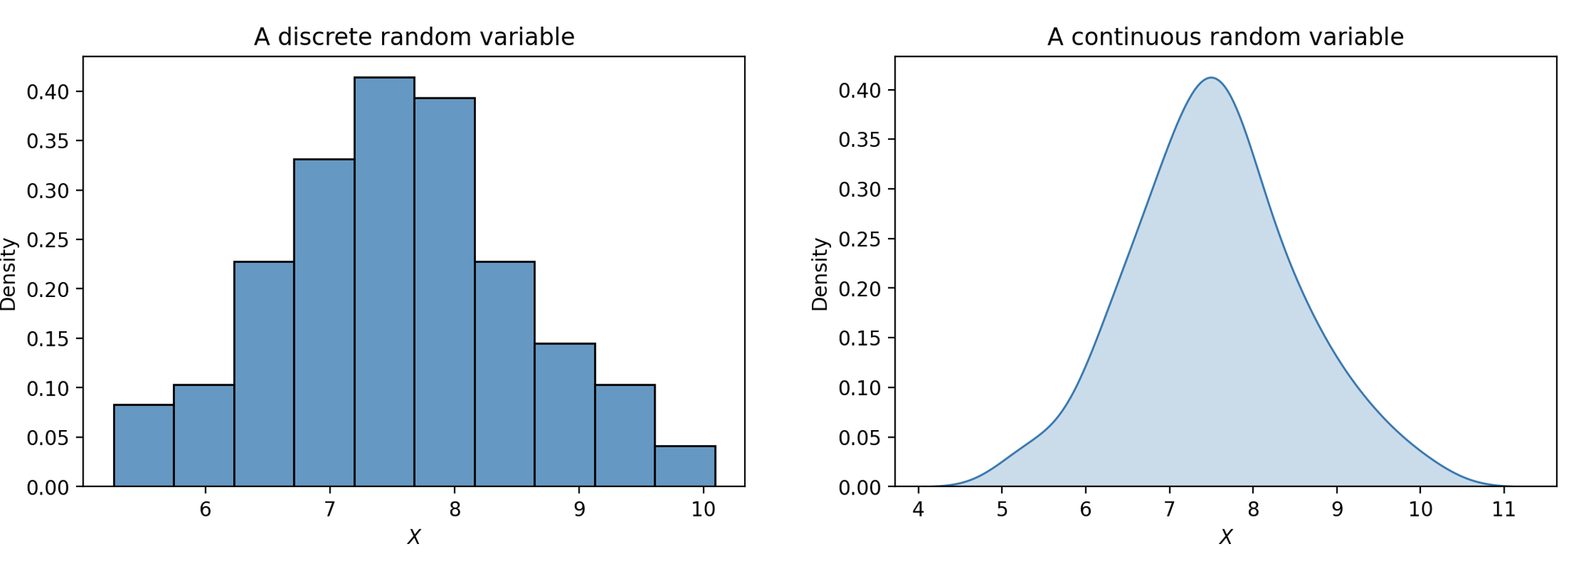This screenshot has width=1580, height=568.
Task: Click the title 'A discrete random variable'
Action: [414, 37]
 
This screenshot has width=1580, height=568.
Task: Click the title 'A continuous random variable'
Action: [1225, 37]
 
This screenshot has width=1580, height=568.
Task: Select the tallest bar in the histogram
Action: [384, 281]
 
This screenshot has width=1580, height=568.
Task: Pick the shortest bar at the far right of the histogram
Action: [684, 466]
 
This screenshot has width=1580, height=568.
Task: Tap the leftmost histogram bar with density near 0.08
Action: [143, 446]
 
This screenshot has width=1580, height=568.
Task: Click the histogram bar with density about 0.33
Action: [324, 322]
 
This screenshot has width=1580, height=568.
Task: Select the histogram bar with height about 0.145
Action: [564, 415]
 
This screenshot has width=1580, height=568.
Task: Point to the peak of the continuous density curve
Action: [1212, 78]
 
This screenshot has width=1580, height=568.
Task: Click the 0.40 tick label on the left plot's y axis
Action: [47, 92]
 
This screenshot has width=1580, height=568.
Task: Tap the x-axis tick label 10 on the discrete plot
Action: [703, 510]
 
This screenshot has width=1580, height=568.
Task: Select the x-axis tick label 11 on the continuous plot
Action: [1503, 510]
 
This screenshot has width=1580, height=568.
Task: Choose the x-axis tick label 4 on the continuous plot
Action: [918, 510]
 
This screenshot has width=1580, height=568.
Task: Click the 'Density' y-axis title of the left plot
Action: [9, 274]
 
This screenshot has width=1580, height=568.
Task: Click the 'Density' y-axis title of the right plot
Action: [820, 274]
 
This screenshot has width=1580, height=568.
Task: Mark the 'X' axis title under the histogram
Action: [414, 537]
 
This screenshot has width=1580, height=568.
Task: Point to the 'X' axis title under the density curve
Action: [1225, 537]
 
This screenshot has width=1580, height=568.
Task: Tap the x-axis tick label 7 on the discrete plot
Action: [330, 510]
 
